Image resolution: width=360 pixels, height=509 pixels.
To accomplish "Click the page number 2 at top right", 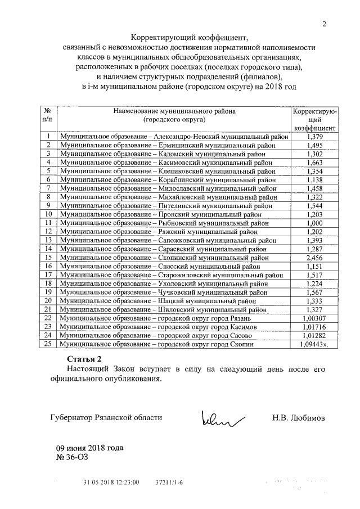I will [x=324, y=23].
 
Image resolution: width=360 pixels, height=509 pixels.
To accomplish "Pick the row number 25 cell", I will [x=48, y=344].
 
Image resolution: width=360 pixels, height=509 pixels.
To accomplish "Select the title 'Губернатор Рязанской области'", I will [x=106, y=418].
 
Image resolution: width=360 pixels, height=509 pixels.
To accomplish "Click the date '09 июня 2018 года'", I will [x=89, y=448].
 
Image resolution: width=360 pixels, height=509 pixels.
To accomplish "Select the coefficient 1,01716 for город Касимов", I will [x=313, y=327].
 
